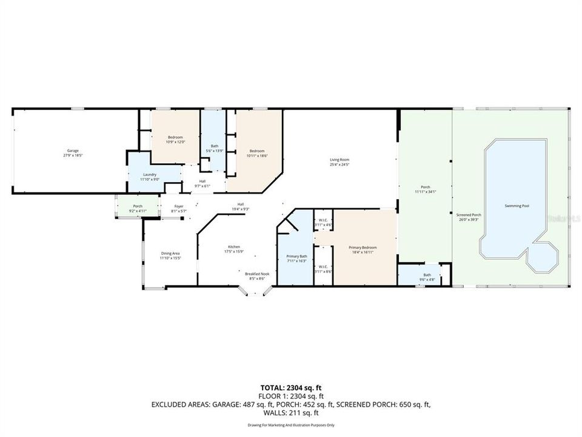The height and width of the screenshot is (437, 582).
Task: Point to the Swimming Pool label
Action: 517,206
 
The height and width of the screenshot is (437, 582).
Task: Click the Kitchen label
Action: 234,249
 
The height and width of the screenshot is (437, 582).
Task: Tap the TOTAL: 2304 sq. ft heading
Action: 291,386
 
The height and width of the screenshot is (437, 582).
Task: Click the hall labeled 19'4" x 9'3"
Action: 241,206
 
